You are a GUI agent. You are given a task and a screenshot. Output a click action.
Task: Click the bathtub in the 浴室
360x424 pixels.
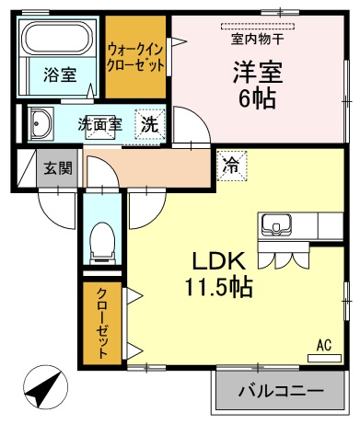point(57,39)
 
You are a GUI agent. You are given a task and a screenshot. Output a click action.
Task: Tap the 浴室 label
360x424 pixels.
point(60,74)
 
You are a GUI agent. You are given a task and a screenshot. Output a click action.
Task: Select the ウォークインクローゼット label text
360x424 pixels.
point(135,58)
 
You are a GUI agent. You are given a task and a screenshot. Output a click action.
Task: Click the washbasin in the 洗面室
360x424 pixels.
point(41,123)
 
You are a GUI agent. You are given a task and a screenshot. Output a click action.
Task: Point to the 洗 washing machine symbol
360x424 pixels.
point(150,124)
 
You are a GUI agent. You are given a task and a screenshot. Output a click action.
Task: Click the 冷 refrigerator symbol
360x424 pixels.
point(232,166)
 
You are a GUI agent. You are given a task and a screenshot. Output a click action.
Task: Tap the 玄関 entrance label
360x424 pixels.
point(58,168)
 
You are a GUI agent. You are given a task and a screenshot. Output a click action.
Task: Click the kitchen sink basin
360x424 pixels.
point(276,224)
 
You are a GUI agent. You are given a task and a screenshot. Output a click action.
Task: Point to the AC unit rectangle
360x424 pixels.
point(324,359)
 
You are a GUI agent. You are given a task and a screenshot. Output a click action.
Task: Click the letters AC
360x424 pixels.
point(324,345)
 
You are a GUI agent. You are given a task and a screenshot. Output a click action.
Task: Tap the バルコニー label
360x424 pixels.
point(282,390)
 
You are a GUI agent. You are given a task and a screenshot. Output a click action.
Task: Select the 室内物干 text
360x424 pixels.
point(257,39)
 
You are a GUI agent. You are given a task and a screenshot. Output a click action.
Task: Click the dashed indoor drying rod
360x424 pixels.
point(258,26)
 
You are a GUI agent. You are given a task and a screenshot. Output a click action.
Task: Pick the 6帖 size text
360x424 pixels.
point(258,98)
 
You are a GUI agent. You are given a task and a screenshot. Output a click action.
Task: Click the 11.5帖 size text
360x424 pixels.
point(218,287)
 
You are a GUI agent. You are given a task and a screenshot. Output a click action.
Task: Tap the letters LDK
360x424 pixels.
point(218,260)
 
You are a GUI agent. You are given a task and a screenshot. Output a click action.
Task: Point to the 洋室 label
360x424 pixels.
point(258,73)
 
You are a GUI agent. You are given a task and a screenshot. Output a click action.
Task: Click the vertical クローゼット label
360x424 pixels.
point(102,323)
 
